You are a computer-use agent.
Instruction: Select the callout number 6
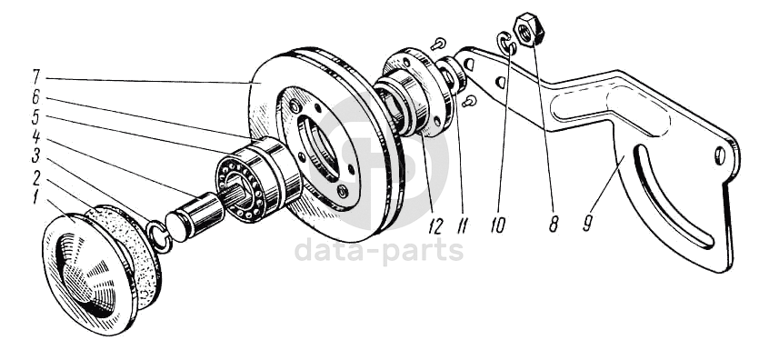tap(36, 97)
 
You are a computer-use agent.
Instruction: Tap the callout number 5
tap(36, 117)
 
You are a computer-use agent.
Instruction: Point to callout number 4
tap(36, 137)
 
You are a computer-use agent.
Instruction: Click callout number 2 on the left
tap(36, 177)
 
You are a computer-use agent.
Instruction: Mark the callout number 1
tap(35, 197)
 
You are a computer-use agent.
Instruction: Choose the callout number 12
tap(435, 226)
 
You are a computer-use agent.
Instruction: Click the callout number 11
tap(464, 226)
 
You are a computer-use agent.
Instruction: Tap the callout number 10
tap(497, 225)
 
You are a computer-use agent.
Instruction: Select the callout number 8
tap(554, 225)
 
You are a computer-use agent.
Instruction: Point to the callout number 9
tap(588, 224)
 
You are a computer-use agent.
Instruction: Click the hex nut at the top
tap(529, 31)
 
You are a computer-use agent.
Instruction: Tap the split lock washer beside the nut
tap(505, 43)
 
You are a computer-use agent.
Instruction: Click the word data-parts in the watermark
tap(379, 251)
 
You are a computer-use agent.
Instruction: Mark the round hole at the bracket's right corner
tap(719, 155)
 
